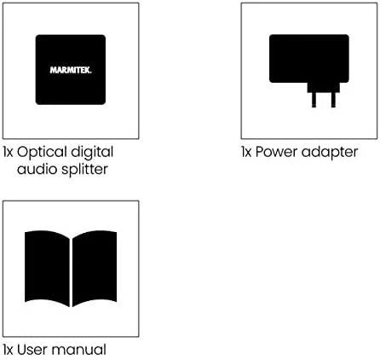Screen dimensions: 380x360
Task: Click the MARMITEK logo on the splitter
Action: tap(71, 70)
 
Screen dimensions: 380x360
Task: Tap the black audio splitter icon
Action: tap(71, 70)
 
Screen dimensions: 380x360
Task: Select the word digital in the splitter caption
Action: tap(92, 153)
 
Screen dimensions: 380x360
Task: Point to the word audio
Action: tap(37, 169)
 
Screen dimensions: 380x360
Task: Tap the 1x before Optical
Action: tap(9, 152)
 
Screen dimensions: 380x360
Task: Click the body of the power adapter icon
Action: tap(309, 59)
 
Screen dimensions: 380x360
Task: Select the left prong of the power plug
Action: tap(314, 100)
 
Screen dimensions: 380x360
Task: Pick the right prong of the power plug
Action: tap(333, 100)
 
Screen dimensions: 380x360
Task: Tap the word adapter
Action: tap(330, 153)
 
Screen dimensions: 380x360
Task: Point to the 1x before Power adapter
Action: tap(246, 152)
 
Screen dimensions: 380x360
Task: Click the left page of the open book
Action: tap(47, 268)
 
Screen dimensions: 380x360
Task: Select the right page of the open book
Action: tap(95, 268)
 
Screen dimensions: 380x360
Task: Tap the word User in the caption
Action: tap(32, 350)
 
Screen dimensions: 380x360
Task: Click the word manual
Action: tap(78, 350)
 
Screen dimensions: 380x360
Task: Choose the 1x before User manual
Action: tap(9, 350)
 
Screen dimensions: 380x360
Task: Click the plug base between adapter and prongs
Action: tap(324, 88)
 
